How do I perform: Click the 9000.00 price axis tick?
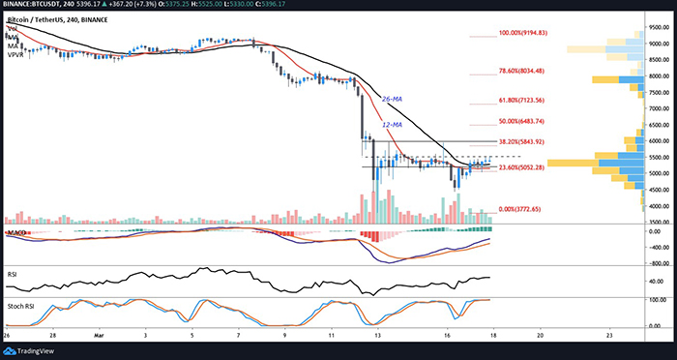click(x=660, y=44)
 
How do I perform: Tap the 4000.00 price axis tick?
click(x=660, y=206)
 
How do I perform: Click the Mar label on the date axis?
click(x=100, y=337)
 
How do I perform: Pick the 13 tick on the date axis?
click(x=378, y=337)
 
